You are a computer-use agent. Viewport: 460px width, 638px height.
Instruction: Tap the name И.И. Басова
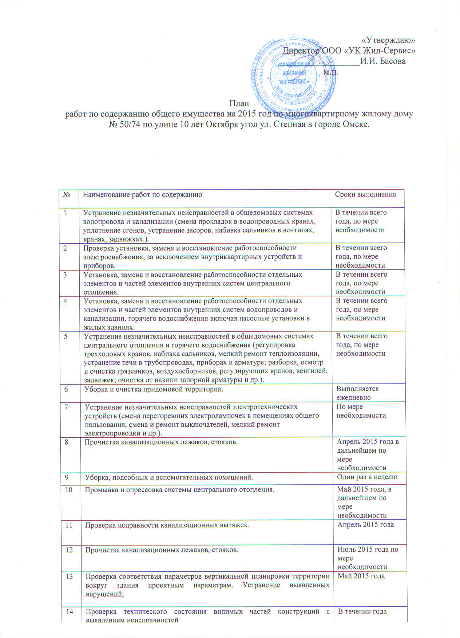click(x=383, y=61)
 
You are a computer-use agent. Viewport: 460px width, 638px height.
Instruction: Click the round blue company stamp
click(x=293, y=76)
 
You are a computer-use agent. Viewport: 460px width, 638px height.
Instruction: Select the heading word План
click(x=239, y=103)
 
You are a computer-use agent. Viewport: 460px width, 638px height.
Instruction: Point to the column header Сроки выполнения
click(x=365, y=194)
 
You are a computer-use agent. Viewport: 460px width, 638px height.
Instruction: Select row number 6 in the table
click(x=66, y=389)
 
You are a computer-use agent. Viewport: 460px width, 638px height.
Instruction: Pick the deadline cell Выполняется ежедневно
click(x=358, y=393)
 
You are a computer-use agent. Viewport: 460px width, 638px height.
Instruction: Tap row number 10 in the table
click(x=68, y=490)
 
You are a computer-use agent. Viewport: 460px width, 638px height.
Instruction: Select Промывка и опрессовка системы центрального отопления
click(x=179, y=490)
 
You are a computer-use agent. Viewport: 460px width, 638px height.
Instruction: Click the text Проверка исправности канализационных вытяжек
click(x=167, y=525)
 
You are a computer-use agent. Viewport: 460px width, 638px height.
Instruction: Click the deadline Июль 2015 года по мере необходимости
click(x=368, y=558)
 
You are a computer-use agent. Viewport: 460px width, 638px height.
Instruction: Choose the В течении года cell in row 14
click(x=362, y=611)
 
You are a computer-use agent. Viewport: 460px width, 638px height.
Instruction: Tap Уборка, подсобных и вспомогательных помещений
click(x=169, y=477)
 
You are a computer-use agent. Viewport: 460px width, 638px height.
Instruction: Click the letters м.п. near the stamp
click(x=331, y=72)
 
